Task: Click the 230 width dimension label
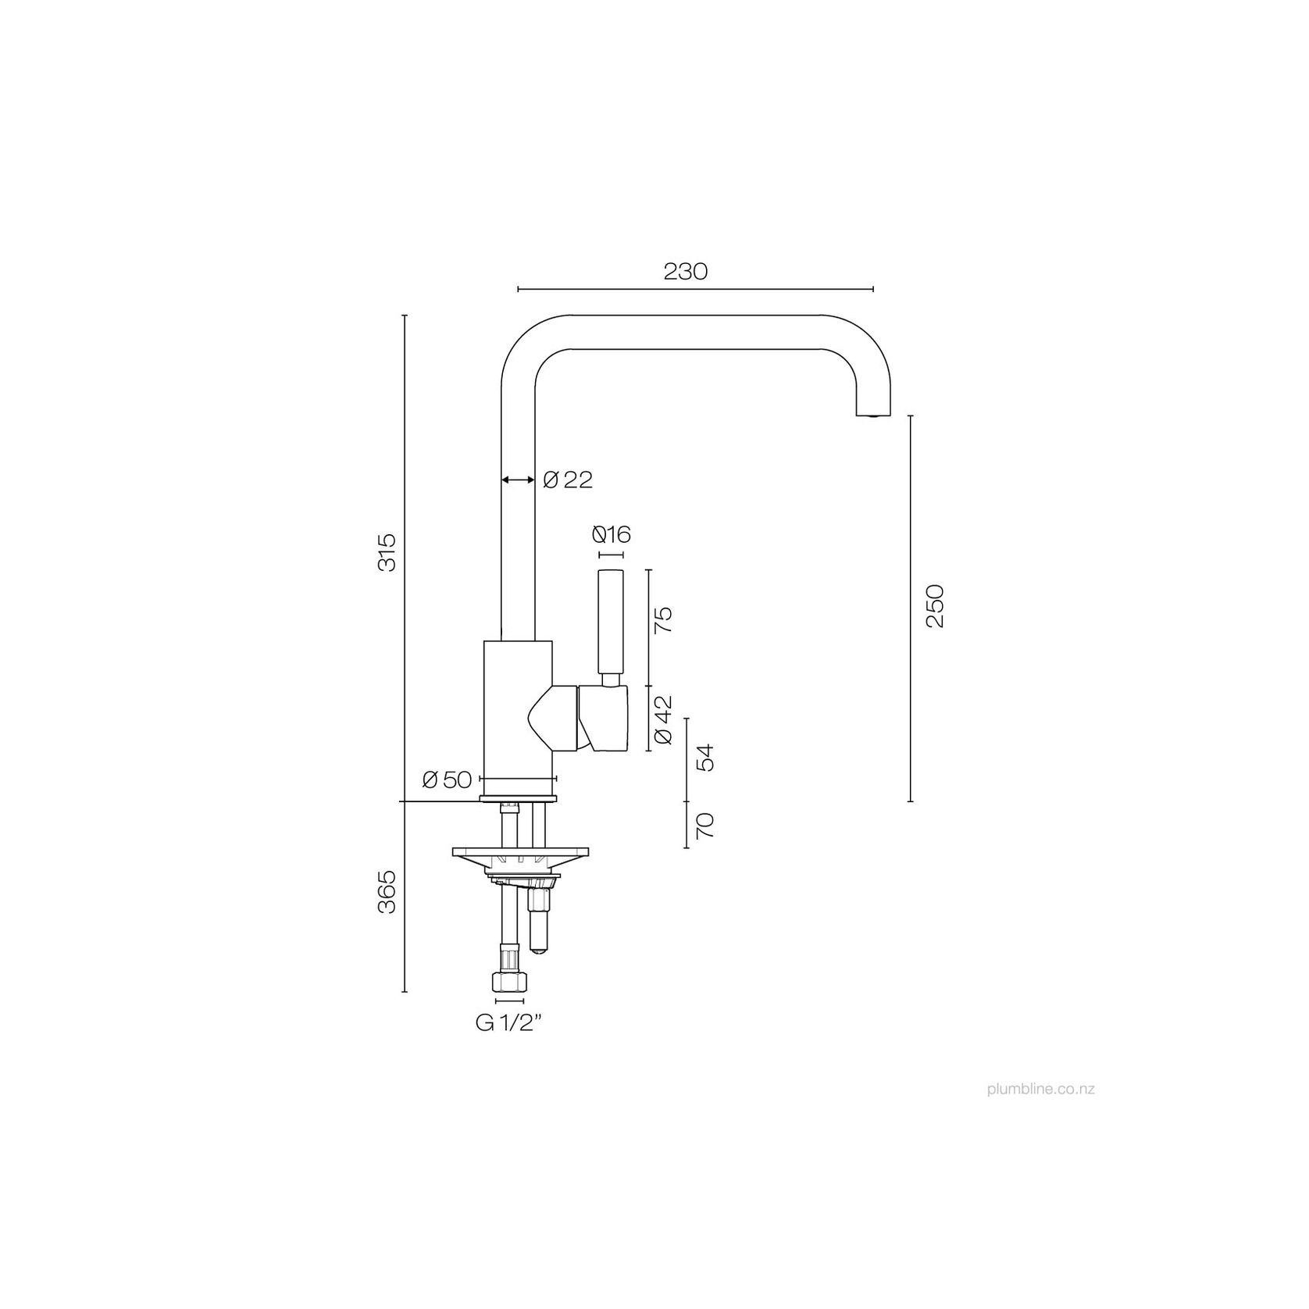pyautogui.click(x=685, y=271)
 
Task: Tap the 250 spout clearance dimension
pyautogui.click(x=935, y=605)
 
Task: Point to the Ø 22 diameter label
pyautogui.click(x=568, y=480)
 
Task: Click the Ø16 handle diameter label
pyautogui.click(x=611, y=535)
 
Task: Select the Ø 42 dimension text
pyautogui.click(x=662, y=719)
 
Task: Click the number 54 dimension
pyautogui.click(x=704, y=758)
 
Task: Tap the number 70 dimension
pyautogui.click(x=704, y=826)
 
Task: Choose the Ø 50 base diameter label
pyautogui.click(x=447, y=779)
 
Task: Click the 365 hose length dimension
pyautogui.click(x=387, y=891)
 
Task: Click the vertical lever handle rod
pyautogui.click(x=611, y=621)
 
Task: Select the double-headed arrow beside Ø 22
pyautogui.click(x=518, y=480)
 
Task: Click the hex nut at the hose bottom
pyautogui.click(x=508, y=983)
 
